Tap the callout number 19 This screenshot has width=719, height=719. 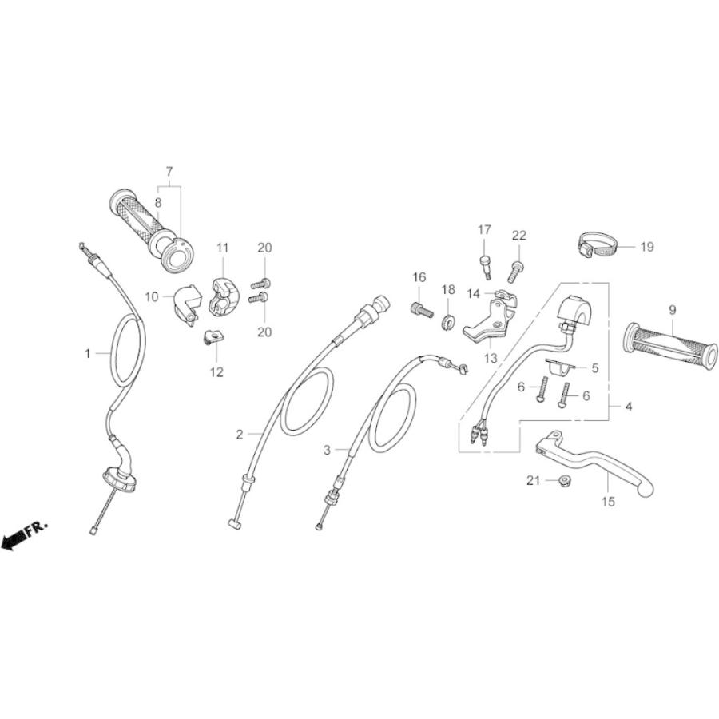[646, 247]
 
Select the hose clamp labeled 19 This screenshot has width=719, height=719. [594, 245]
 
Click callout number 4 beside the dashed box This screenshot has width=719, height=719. [629, 407]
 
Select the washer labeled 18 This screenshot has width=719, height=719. [449, 322]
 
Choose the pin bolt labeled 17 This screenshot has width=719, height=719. [485, 263]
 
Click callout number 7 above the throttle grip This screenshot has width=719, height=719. [169, 171]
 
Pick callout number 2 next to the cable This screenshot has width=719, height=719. [240, 435]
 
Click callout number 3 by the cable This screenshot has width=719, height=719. [326, 451]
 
